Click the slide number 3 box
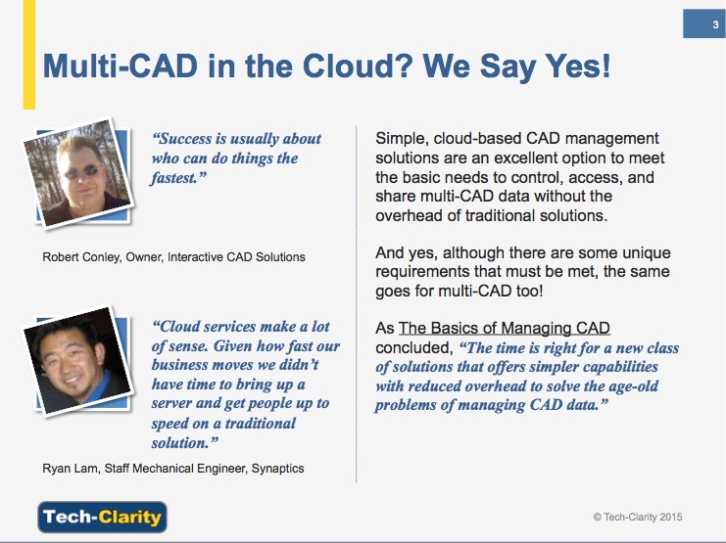(704, 23)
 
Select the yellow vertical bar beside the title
(29, 55)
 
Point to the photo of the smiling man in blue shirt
(77, 361)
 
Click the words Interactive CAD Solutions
(236, 257)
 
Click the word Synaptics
(278, 469)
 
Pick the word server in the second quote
(171, 404)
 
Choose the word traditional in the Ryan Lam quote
(261, 424)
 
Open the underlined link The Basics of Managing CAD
(505, 329)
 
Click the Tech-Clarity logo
(102, 517)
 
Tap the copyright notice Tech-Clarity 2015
(638, 518)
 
